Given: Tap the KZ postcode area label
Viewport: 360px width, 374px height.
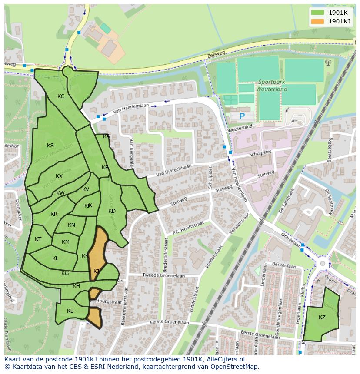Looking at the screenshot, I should pyautogui.click(x=322, y=318).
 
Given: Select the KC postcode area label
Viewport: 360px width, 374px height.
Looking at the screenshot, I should pyautogui.click(x=61, y=96).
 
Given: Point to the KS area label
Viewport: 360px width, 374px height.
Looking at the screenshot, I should pyautogui.click(x=50, y=146).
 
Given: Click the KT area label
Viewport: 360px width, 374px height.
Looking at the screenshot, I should pyautogui.click(x=38, y=239).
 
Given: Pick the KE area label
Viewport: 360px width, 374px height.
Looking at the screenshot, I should pyautogui.click(x=70, y=311).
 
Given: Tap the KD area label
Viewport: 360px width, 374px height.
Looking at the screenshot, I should pyautogui.click(x=112, y=211).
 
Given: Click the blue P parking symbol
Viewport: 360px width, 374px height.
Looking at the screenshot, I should pyautogui.click(x=242, y=116).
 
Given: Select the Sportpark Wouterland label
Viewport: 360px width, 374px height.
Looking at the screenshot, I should pyautogui.click(x=273, y=86).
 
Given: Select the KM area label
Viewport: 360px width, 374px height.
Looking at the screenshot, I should pyautogui.click(x=66, y=242).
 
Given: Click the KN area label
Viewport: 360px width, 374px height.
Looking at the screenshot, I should pyautogui.click(x=72, y=225).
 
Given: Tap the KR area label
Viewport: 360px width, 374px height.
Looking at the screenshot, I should pyautogui.click(x=54, y=214).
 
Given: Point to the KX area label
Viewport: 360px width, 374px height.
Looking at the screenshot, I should pyautogui.click(x=59, y=176).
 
